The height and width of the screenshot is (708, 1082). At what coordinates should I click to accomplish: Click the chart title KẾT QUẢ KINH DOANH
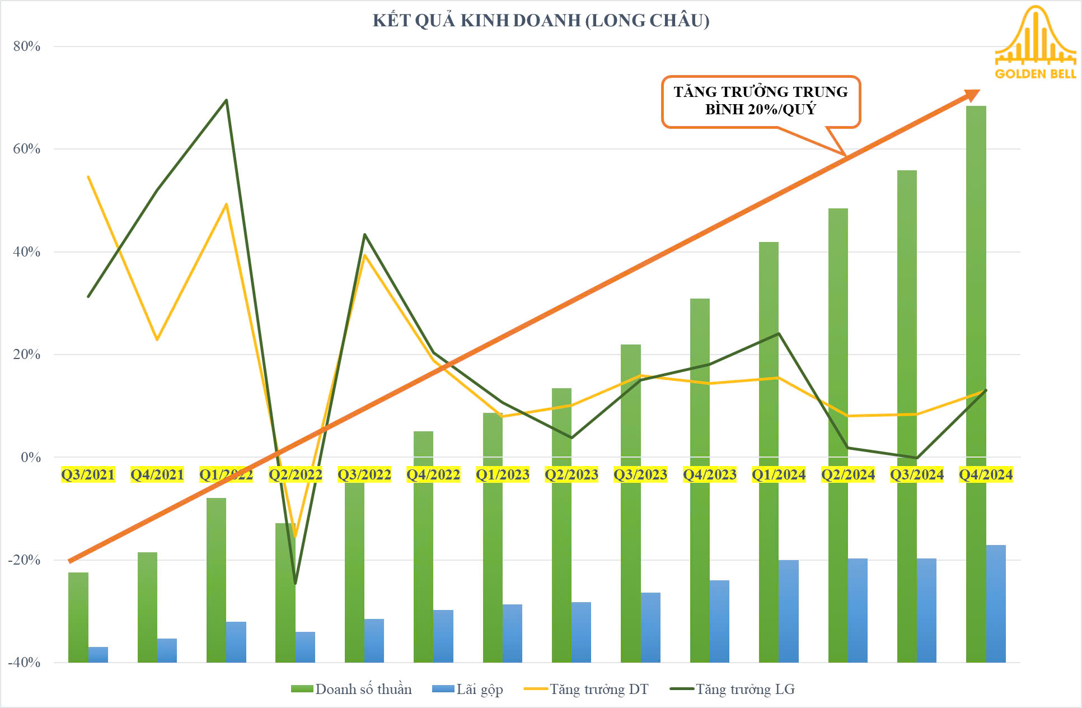click(541, 21)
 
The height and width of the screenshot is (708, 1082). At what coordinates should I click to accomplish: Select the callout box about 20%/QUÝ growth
click(760, 101)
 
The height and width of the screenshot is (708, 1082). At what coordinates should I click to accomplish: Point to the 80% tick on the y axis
click(27, 46)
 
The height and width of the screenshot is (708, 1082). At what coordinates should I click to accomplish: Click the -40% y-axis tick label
click(25, 663)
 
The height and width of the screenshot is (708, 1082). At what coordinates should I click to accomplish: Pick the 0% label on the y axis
click(31, 458)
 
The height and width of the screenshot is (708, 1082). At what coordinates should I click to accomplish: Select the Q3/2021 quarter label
click(88, 475)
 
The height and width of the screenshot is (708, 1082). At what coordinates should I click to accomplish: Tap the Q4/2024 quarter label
click(986, 475)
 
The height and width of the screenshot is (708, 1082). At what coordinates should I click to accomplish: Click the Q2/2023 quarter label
click(572, 475)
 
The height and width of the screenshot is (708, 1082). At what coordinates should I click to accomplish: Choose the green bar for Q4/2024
click(976, 280)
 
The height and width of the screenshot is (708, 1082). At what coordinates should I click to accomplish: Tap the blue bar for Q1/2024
click(789, 611)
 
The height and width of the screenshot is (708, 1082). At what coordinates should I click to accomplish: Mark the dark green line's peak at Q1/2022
click(226, 100)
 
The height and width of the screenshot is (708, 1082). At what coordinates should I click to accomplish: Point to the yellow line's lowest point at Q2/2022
click(296, 537)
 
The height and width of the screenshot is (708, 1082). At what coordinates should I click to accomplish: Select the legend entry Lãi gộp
click(468, 689)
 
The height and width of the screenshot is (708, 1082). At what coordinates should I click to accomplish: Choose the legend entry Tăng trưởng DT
click(587, 689)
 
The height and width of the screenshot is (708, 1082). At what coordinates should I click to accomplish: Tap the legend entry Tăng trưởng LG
click(733, 689)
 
